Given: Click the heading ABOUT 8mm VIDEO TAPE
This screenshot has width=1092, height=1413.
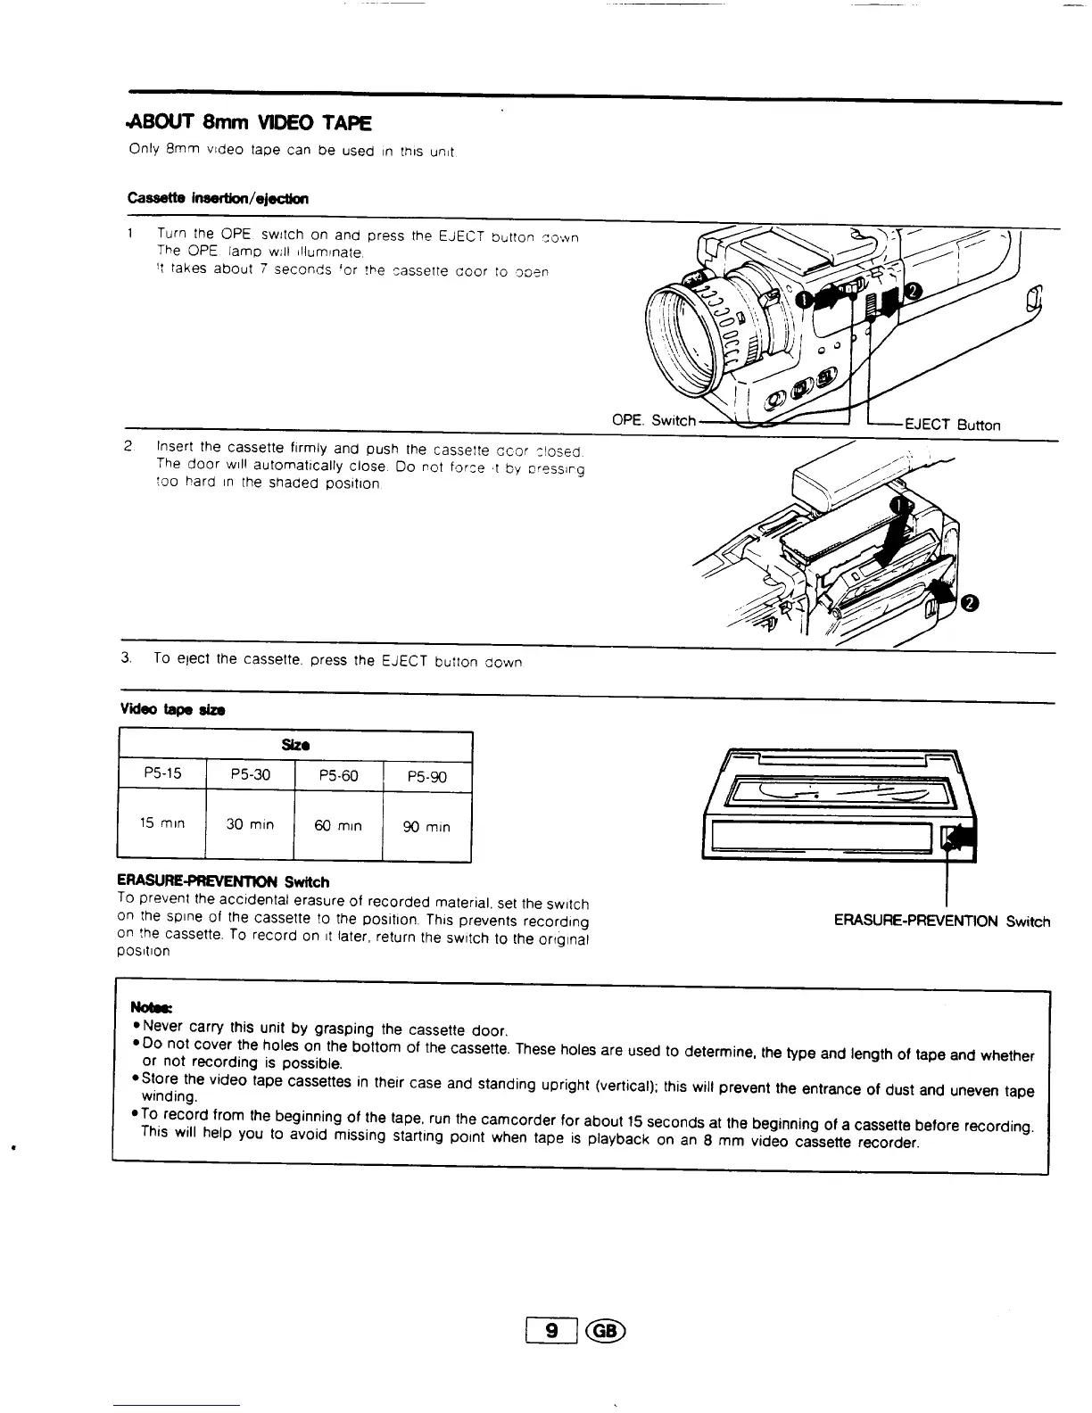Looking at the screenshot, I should pyautogui.click(x=250, y=122).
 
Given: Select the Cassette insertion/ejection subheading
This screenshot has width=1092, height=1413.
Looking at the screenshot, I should pyautogui.click(x=218, y=198).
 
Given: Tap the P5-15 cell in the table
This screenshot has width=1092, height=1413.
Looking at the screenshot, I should pyautogui.click(x=161, y=773).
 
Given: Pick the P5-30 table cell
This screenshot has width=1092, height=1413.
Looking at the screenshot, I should pyautogui.click(x=250, y=775).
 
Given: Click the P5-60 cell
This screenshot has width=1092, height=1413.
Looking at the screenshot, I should pyautogui.click(x=338, y=776).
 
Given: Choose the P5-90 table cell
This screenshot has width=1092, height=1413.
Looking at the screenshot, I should pyautogui.click(x=426, y=777).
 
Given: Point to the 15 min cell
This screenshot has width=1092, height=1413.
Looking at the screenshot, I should pyautogui.click(x=161, y=823).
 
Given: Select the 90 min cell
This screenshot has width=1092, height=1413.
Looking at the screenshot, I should pyautogui.click(x=426, y=827).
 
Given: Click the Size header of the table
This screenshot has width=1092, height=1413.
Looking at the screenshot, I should pyautogui.click(x=295, y=745).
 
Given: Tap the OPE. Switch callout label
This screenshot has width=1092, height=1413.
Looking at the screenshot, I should pyautogui.click(x=653, y=420).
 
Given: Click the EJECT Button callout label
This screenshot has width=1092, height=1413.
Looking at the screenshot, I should pyautogui.click(x=952, y=426).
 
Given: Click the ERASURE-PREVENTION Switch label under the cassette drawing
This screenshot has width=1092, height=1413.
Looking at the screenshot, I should pyautogui.click(x=941, y=921).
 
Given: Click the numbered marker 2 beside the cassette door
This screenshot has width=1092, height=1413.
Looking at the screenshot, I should pyautogui.click(x=970, y=603).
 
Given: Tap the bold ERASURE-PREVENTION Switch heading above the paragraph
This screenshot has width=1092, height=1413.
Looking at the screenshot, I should pyautogui.click(x=223, y=881).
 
